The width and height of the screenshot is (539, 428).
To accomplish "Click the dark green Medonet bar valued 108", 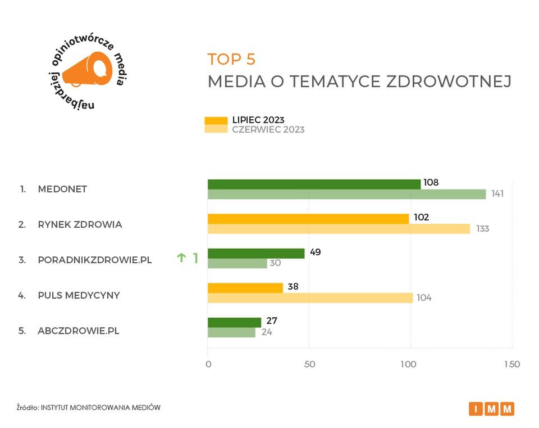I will click(314, 184).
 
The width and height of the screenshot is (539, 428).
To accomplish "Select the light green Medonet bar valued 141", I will click(346, 194).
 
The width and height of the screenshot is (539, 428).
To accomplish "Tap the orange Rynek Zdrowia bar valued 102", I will click(308, 219).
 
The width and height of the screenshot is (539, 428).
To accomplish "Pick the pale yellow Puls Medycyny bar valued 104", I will click(310, 298).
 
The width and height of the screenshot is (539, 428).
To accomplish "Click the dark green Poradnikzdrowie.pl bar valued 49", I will click(256, 253).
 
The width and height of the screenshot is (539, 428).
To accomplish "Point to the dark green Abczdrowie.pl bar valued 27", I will click(234, 322).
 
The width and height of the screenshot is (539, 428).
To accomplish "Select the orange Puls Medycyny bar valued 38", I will click(245, 288).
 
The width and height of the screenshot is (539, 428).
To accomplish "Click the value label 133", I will click(482, 229).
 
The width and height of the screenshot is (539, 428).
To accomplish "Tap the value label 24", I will click(266, 333).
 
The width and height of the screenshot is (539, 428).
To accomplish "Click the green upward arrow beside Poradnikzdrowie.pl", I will click(181, 258).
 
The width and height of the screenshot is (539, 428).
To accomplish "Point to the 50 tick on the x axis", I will click(309, 364).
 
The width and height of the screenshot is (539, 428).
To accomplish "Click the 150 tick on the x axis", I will click(511, 364).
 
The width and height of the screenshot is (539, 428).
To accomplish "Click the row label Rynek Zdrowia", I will click(80, 224).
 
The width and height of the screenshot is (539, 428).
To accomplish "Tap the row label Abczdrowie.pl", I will click(79, 331).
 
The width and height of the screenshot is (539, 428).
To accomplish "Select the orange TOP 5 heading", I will click(231, 59).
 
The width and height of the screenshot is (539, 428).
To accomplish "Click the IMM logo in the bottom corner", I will click(491, 409).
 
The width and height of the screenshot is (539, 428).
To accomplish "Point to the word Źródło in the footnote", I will click(27, 407).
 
